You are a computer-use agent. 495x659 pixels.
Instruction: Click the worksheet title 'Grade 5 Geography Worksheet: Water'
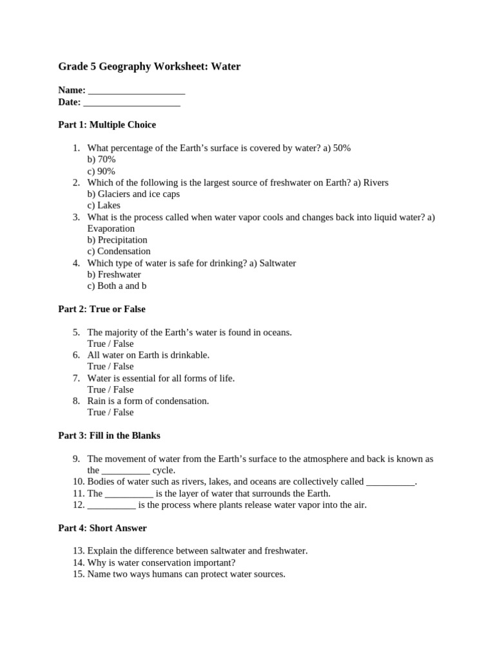(149, 67)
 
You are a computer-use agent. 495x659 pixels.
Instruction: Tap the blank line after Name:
(137, 91)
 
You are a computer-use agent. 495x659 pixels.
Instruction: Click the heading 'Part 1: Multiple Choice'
(107, 125)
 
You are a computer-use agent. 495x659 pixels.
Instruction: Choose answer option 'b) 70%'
(101, 160)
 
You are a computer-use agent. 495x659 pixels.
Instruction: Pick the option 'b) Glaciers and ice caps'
(133, 194)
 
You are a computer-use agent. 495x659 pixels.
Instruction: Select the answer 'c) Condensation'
(119, 252)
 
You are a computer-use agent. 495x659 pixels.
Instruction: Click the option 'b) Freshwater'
(114, 275)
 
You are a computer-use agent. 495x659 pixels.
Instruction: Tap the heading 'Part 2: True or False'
(102, 309)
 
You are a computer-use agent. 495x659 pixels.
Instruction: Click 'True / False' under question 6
(110, 367)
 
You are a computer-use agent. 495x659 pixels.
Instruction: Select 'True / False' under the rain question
(110, 413)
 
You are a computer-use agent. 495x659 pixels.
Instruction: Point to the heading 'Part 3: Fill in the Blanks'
(109, 436)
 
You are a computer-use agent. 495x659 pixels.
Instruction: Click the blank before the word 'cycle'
(126, 471)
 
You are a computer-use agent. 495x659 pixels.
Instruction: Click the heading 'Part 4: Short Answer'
(102, 528)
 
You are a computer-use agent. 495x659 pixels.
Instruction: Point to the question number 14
(79, 562)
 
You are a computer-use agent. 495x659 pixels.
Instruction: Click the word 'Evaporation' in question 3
(111, 228)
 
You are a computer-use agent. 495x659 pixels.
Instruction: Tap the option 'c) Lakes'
(104, 205)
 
